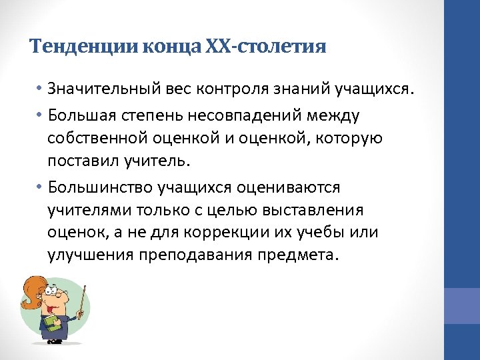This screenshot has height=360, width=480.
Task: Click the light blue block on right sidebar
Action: [462, 305]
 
